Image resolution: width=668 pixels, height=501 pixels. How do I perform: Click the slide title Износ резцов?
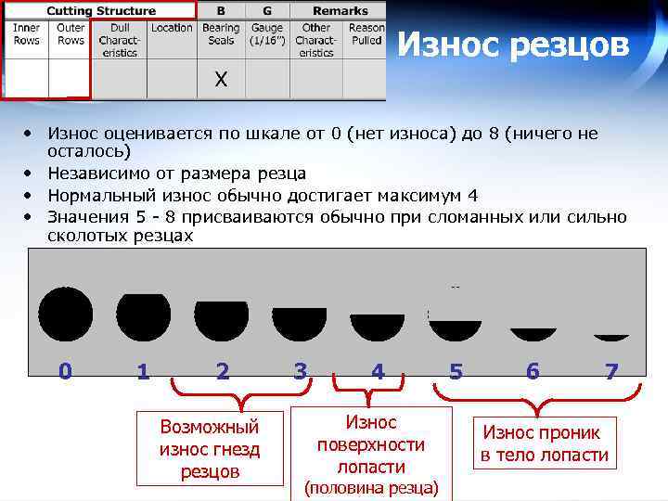tap(513, 44)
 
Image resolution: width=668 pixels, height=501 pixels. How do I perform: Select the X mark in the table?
tap(221, 80)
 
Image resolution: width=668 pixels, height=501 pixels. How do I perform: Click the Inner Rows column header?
tap(26, 34)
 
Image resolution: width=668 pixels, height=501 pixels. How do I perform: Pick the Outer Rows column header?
tap(71, 34)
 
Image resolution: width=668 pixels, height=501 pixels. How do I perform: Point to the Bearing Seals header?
tap(221, 34)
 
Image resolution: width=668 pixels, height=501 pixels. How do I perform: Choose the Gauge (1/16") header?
tap(267, 34)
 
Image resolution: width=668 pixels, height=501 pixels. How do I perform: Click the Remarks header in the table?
tap(340, 11)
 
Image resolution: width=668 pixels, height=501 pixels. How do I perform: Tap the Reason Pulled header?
tap(366, 34)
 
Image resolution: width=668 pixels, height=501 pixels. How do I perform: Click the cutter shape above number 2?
tap(222, 316)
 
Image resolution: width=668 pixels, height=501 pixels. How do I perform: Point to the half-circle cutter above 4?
tap(378, 328)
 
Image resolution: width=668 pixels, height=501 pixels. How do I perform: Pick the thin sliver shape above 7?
tap(610, 338)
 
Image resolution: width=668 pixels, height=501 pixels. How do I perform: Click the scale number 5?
tap(456, 372)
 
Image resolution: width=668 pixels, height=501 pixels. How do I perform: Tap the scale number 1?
tap(142, 372)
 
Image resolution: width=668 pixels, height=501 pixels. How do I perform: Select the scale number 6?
tap(533, 372)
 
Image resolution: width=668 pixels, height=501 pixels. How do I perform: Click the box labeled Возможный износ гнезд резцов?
tap(210, 448)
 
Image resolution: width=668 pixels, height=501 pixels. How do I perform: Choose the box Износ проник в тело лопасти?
tap(545, 443)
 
